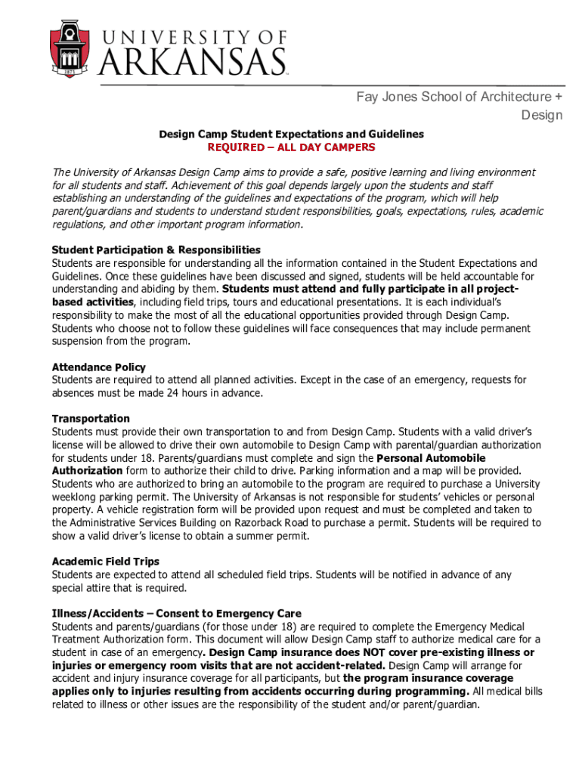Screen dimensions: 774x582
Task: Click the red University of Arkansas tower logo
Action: [72, 47]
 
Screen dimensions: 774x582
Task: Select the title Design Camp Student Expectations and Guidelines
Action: [291, 134]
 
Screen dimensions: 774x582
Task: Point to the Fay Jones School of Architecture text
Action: [459, 97]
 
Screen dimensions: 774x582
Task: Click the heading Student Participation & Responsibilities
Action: [156, 250]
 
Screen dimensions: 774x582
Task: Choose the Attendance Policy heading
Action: [98, 367]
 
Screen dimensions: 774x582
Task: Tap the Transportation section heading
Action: [91, 419]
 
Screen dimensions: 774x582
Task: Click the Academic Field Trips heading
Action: [105, 562]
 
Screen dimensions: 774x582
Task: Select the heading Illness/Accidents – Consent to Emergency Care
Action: [176, 613]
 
